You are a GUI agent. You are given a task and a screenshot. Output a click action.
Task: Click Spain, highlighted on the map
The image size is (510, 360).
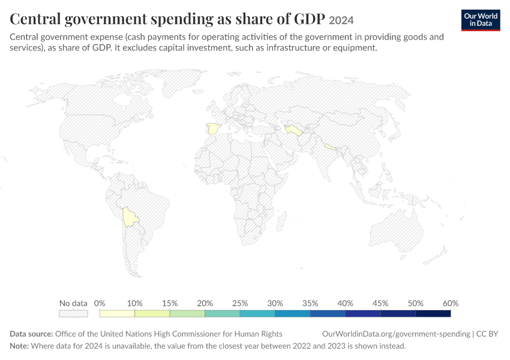[x=214, y=129]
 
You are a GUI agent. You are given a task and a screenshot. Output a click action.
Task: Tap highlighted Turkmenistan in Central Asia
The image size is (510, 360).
[x=294, y=130]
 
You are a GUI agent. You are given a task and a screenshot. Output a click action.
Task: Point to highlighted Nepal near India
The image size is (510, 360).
[x=330, y=147]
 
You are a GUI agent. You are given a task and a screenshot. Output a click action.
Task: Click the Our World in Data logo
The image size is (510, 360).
[x=481, y=20]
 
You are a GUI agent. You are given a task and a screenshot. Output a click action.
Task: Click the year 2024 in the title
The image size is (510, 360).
[x=341, y=20]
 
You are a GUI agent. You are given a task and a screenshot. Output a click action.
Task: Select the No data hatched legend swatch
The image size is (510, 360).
[x=74, y=313]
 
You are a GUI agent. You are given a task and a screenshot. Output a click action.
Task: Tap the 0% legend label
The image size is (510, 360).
[x=100, y=304]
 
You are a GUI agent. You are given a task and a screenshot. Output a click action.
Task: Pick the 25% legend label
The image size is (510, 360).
[x=240, y=304]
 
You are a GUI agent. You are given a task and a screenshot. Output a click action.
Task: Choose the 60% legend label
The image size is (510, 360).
[x=451, y=304]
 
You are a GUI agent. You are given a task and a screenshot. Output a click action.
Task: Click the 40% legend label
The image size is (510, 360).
[x=345, y=304]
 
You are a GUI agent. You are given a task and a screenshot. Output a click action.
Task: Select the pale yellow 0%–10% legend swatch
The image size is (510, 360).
[x=117, y=313]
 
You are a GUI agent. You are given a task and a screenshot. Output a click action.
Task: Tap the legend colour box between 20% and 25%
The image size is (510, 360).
[x=223, y=313]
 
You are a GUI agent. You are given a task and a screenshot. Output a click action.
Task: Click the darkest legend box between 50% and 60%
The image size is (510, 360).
[x=433, y=313]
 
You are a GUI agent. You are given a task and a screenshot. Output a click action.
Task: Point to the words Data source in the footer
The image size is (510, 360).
[x=31, y=334]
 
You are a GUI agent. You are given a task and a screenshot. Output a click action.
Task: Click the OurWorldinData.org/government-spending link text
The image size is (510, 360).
[x=396, y=334]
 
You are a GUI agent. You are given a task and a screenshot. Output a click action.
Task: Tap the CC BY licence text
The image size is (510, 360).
[x=487, y=334]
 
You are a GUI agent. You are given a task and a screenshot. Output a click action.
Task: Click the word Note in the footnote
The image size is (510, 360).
[x=19, y=346]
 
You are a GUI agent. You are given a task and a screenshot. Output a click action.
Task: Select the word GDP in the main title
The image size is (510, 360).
[x=310, y=19]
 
